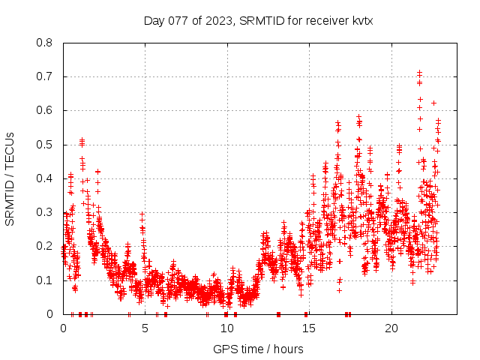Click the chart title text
[x=258, y=21]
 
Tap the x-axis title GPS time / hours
[x=258, y=349]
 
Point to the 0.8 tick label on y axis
[x=46, y=43]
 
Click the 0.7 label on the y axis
[x=46, y=76]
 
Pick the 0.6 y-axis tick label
[x=46, y=110]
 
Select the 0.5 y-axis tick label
[x=46, y=144]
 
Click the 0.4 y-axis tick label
[x=46, y=178]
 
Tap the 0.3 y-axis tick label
[x=46, y=212]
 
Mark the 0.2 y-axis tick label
[x=46, y=246]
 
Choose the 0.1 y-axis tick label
[x=46, y=280]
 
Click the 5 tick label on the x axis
[x=145, y=328]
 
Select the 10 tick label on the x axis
[x=226, y=328]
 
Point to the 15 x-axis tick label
[x=308, y=328]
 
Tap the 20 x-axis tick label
[x=390, y=328]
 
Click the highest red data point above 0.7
[x=419, y=73]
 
